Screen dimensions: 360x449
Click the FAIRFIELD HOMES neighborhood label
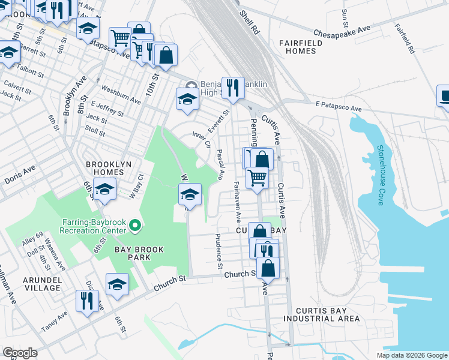[x=306, y=47]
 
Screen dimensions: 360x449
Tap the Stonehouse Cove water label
[x=380, y=175]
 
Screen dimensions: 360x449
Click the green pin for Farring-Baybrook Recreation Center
[x=135, y=226]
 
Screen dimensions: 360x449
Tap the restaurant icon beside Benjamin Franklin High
[x=232, y=88]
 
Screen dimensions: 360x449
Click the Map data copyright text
[x=411, y=355]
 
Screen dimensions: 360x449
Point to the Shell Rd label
[x=249, y=21]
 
